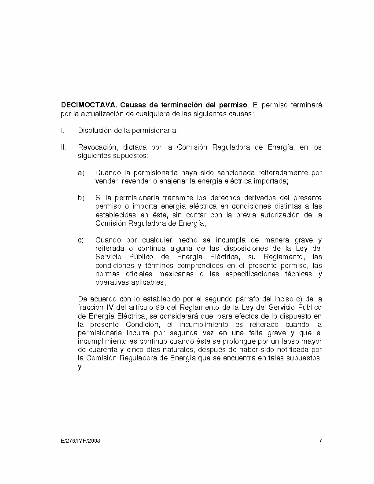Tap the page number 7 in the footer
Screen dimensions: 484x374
pyautogui.click(x=320, y=440)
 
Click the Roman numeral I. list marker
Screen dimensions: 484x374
pyautogui.click(x=62, y=131)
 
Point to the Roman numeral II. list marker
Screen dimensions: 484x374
pyautogui.click(x=63, y=147)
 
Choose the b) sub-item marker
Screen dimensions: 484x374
pyautogui.click(x=81, y=198)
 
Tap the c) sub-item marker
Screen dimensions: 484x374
pyautogui.click(x=81, y=240)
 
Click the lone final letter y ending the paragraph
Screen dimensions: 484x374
pyautogui.click(x=80, y=367)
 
